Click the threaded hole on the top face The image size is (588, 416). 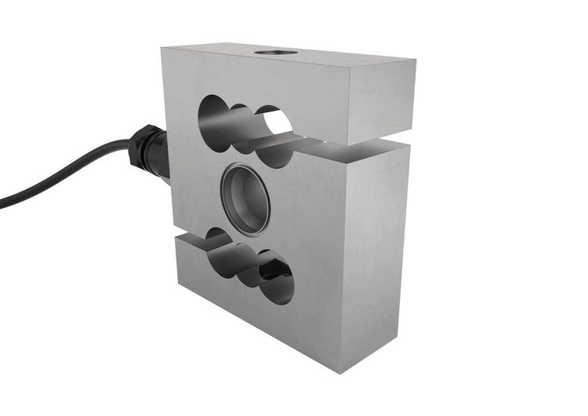click(276, 53)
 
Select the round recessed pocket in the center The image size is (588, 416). click(246, 199)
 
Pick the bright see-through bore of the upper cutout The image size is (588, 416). click(277, 123)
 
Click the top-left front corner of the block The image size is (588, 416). click(162, 49)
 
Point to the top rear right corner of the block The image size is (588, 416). click(415, 60)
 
